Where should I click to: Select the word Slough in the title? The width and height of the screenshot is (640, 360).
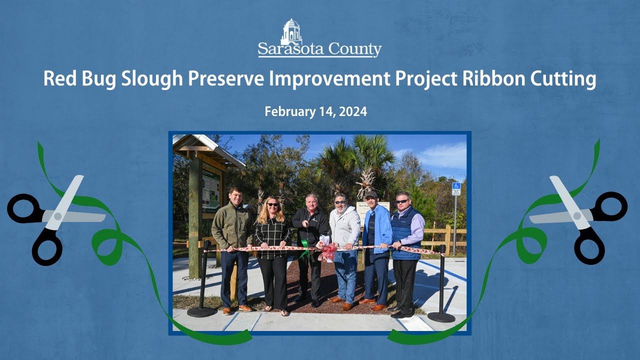click(152, 79)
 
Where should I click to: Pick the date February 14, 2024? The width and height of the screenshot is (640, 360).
click(315, 112)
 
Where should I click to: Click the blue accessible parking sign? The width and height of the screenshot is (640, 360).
click(456, 188)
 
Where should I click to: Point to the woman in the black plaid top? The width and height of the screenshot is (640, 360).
click(272, 235)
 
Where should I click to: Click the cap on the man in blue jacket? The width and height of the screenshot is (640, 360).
click(370, 194)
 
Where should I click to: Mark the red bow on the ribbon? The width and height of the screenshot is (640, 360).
click(328, 251)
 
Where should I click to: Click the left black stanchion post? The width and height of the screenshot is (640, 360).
click(203, 280)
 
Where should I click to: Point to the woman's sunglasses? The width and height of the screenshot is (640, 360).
click(273, 204)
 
